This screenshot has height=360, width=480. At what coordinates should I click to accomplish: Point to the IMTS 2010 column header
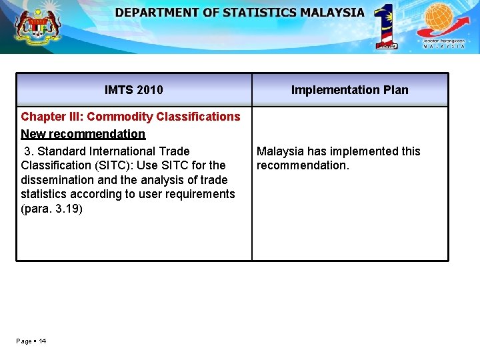133,90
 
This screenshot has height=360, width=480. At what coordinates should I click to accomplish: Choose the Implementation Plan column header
350,90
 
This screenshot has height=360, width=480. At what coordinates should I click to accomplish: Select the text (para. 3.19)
52,209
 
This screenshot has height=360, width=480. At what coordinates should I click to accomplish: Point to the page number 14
42,341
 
